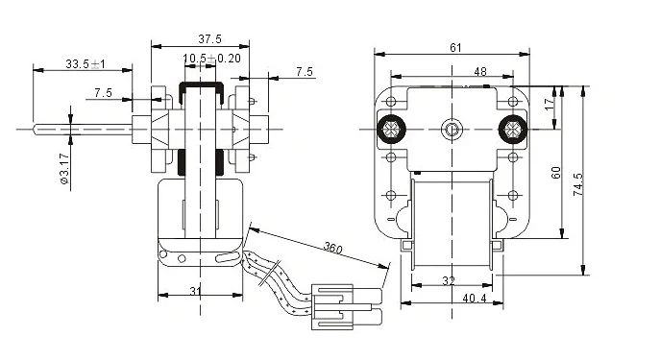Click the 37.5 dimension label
[x=209, y=39]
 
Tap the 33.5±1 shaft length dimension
[x=86, y=64]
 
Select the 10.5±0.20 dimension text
[x=211, y=58]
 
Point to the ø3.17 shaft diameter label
[x=64, y=168]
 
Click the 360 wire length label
[x=332, y=248]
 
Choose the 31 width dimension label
[x=195, y=291]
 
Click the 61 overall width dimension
[x=455, y=48]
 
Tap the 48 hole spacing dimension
[x=480, y=71]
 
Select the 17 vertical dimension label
[x=550, y=104]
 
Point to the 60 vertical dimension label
[x=556, y=173]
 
